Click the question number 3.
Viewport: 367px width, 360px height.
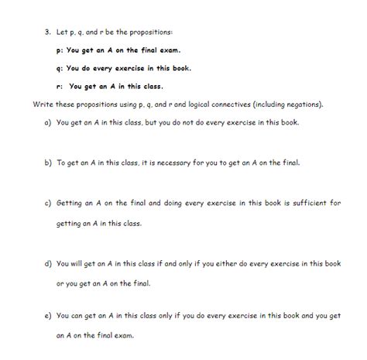point(47,32)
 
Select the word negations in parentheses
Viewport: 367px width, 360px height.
point(305,104)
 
